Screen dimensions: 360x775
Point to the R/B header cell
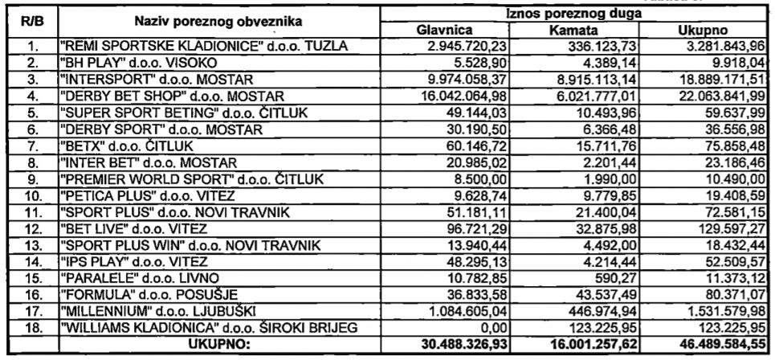pyautogui.click(x=30, y=21)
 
